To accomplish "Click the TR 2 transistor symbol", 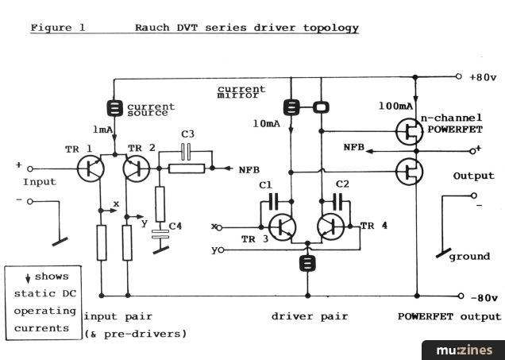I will [x=136, y=168].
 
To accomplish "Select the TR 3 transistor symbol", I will [x=281, y=227].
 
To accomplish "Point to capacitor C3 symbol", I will [x=187, y=152].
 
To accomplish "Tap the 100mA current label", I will [x=395, y=105].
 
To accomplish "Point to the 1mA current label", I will [x=102, y=130].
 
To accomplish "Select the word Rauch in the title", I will [x=151, y=28].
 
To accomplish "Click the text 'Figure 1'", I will [x=56, y=28].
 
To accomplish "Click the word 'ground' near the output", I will [x=469, y=256].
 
